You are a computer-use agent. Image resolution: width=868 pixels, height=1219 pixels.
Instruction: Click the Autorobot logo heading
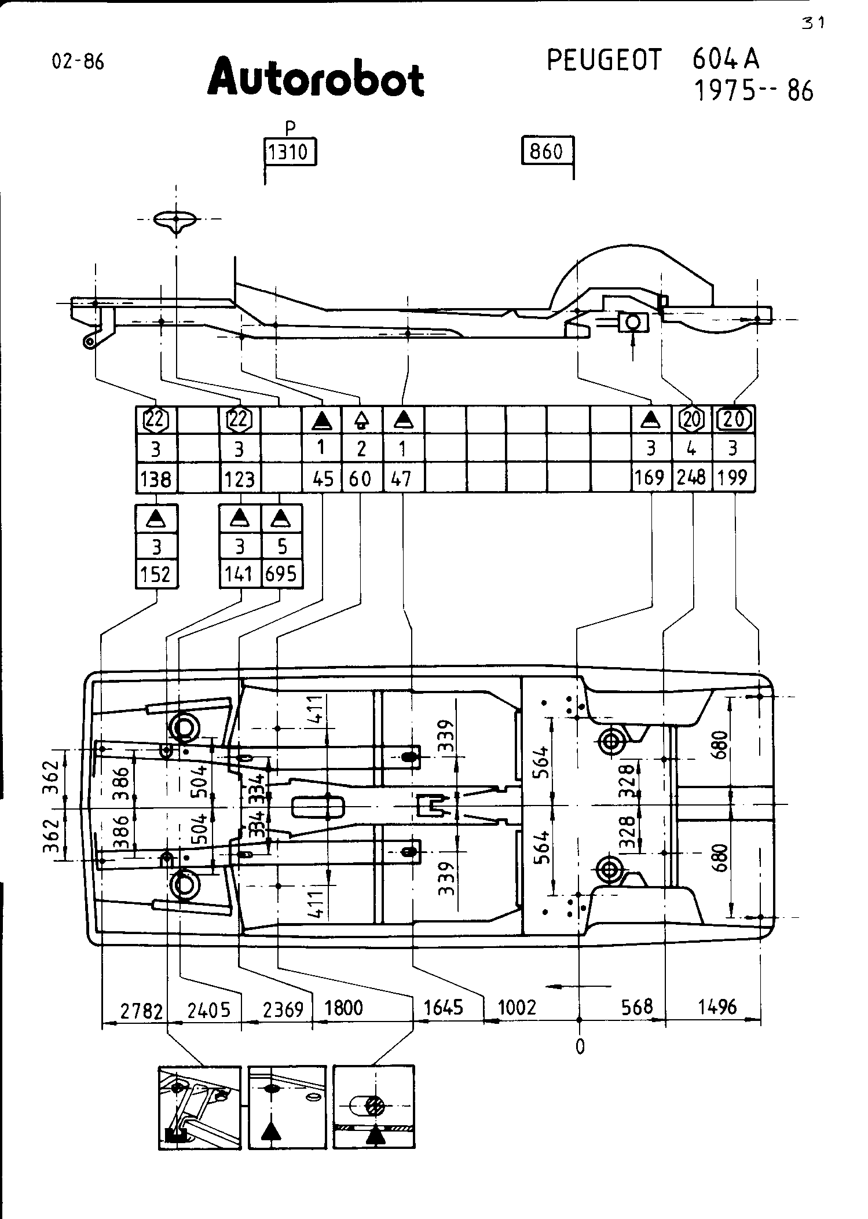(316, 76)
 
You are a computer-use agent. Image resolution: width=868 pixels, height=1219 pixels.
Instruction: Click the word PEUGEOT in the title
(604, 60)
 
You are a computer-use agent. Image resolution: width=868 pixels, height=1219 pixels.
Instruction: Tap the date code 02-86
(78, 61)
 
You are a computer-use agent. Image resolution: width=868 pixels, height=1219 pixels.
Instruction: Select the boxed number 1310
(290, 152)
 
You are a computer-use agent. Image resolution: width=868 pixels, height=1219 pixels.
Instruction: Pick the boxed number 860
(547, 152)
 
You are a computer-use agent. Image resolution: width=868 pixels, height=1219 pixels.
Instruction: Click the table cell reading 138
(156, 478)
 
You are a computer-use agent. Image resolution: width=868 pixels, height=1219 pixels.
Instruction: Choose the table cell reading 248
(692, 477)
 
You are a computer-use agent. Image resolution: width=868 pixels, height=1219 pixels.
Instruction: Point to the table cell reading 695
(281, 574)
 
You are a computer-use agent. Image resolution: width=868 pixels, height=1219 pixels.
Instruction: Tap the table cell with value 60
(362, 478)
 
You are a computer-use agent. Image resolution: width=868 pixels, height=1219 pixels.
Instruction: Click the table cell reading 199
(733, 477)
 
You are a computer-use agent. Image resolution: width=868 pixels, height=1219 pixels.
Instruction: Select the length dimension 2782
(142, 1011)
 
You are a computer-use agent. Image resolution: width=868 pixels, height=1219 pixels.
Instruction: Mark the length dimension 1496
(717, 1008)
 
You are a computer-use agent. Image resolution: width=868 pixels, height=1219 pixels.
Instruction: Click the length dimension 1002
(518, 1008)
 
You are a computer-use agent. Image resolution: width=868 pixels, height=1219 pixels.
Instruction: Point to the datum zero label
(580, 1046)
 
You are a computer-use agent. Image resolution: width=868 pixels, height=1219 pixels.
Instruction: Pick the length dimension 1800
(343, 1008)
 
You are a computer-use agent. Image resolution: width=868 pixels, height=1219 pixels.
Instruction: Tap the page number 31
(813, 23)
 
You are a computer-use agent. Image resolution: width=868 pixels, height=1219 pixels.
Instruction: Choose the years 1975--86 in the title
(753, 91)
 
